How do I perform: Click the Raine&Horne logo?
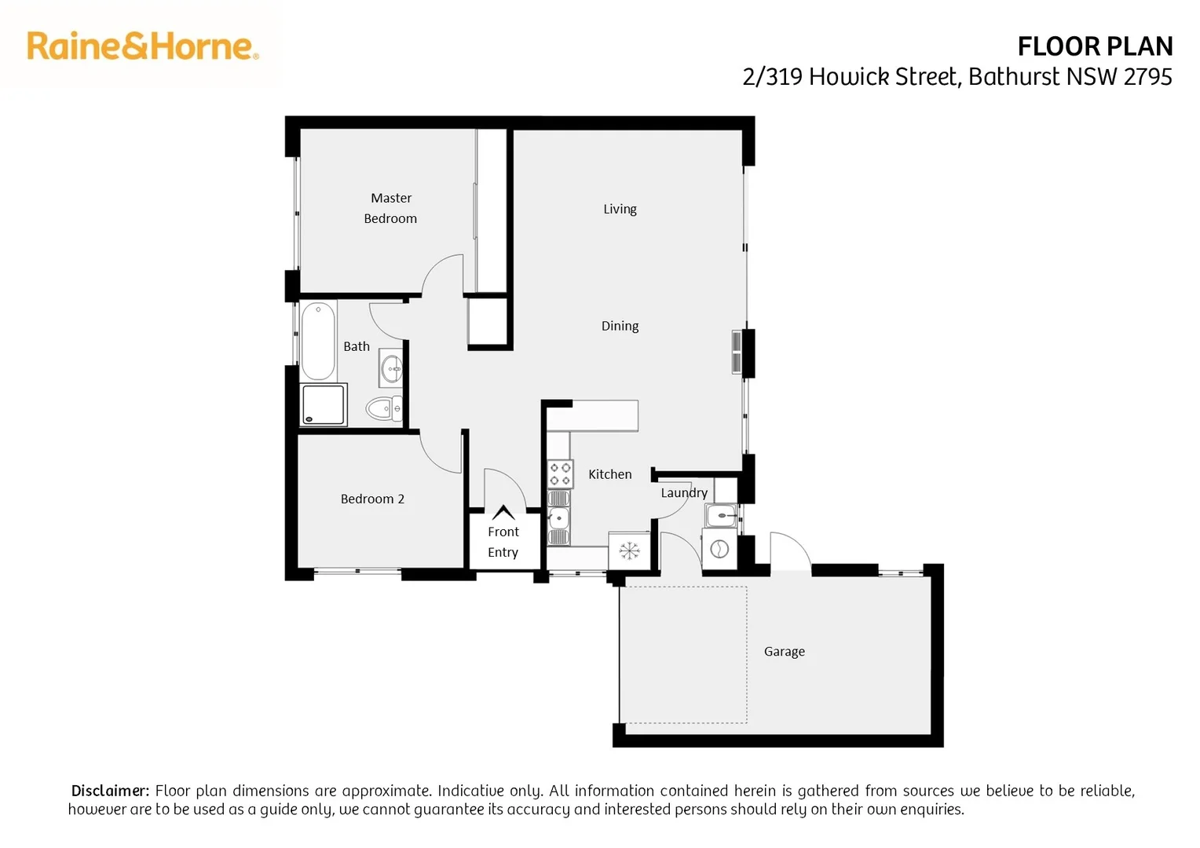pyautogui.click(x=142, y=46)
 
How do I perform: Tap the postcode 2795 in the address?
pyautogui.click(x=1147, y=77)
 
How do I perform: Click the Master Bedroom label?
pyautogui.click(x=390, y=208)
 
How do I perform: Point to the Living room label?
pyautogui.click(x=620, y=209)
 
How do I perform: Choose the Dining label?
pyautogui.click(x=620, y=326)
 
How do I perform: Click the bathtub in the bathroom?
pyautogui.click(x=318, y=342)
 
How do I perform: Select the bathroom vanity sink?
pyautogui.click(x=391, y=367)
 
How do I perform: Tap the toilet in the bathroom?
pyautogui.click(x=384, y=408)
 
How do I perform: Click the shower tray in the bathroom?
pyautogui.click(x=324, y=404)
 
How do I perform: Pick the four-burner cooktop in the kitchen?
pyautogui.click(x=560, y=473)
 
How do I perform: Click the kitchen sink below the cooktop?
pyautogui.click(x=559, y=518)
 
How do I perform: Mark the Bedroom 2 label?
pyautogui.click(x=372, y=499)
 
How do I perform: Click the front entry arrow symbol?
pyautogui.click(x=503, y=513)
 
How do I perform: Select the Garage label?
pyautogui.click(x=784, y=652)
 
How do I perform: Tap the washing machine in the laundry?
pyautogui.click(x=719, y=550)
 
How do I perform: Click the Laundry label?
pyautogui.click(x=684, y=492)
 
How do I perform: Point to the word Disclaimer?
pyautogui.click(x=110, y=791)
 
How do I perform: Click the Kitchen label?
pyautogui.click(x=609, y=474)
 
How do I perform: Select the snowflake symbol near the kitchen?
pyautogui.click(x=629, y=550)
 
